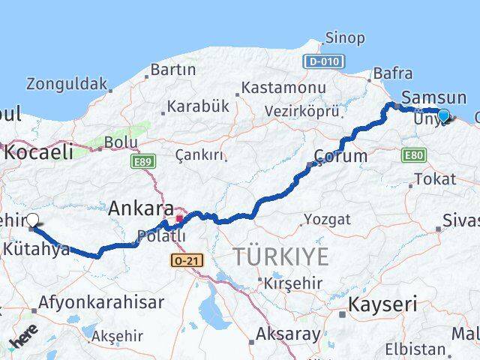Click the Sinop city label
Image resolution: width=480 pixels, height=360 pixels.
344,37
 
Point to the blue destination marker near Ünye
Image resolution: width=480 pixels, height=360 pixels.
443,115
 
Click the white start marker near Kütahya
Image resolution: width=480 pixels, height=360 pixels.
32,220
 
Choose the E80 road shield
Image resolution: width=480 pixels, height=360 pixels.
414,155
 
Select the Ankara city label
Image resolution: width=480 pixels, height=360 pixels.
141,208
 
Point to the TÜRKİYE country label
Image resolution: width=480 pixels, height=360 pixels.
280,256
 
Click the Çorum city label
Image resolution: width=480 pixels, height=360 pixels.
341,157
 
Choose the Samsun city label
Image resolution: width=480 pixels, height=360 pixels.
433,97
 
